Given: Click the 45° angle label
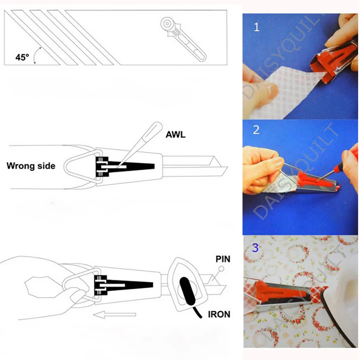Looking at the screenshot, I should point(22,57).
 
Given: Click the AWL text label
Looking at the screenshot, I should point(176,135).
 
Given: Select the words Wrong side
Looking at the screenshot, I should point(31,166).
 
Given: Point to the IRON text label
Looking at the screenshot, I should point(219,314).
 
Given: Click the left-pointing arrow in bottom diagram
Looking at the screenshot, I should point(114,315).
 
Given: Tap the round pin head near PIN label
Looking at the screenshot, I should point(221,269).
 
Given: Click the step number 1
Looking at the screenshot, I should point(256,27).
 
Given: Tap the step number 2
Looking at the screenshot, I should point(256,130).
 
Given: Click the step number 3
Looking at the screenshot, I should point(255,248).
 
